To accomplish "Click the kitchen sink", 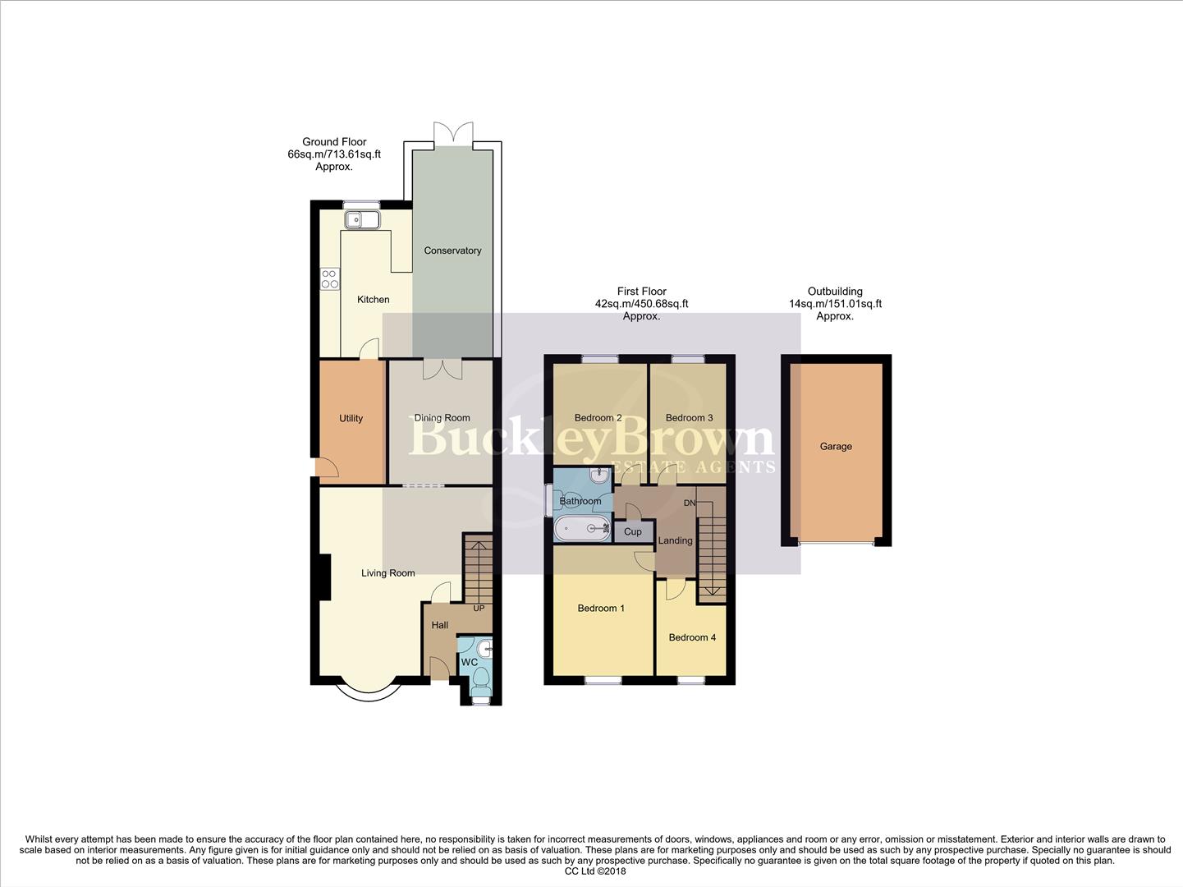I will [361, 219].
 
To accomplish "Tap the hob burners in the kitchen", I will [329, 279].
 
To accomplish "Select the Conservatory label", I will [452, 250].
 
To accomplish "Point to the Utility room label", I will [351, 418].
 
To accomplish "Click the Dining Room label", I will [442, 418].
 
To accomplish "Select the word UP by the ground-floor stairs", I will [479, 609].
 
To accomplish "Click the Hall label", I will [440, 625].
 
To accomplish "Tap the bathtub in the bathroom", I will [581, 529].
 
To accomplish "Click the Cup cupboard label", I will [632, 531].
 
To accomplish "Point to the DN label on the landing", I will [690, 503].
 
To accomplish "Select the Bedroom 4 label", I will [692, 637].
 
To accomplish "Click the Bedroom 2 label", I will [598, 417].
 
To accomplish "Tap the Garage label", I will [836, 446].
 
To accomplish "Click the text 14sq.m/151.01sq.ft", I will [835, 304].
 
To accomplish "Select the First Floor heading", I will [641, 292].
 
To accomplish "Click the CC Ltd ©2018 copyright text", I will [595, 871].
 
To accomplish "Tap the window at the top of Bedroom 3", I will [688, 359].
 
